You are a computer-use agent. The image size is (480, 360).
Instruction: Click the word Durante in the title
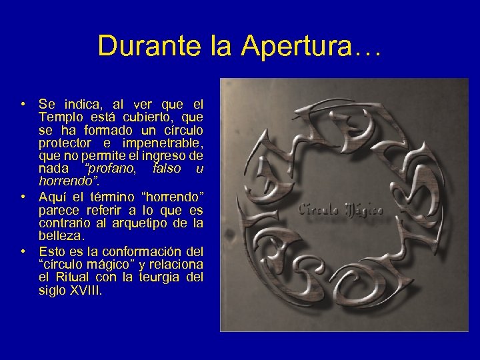(131, 46)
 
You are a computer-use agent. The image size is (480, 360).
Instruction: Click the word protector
(66, 143)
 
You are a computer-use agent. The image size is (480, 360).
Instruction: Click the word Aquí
(53, 197)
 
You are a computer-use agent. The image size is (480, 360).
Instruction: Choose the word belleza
(62, 236)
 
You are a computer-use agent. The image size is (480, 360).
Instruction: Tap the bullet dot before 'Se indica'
(23, 104)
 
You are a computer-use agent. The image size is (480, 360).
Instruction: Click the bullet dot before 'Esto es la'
(23, 251)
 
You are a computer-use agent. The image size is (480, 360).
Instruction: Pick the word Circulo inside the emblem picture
(319, 209)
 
